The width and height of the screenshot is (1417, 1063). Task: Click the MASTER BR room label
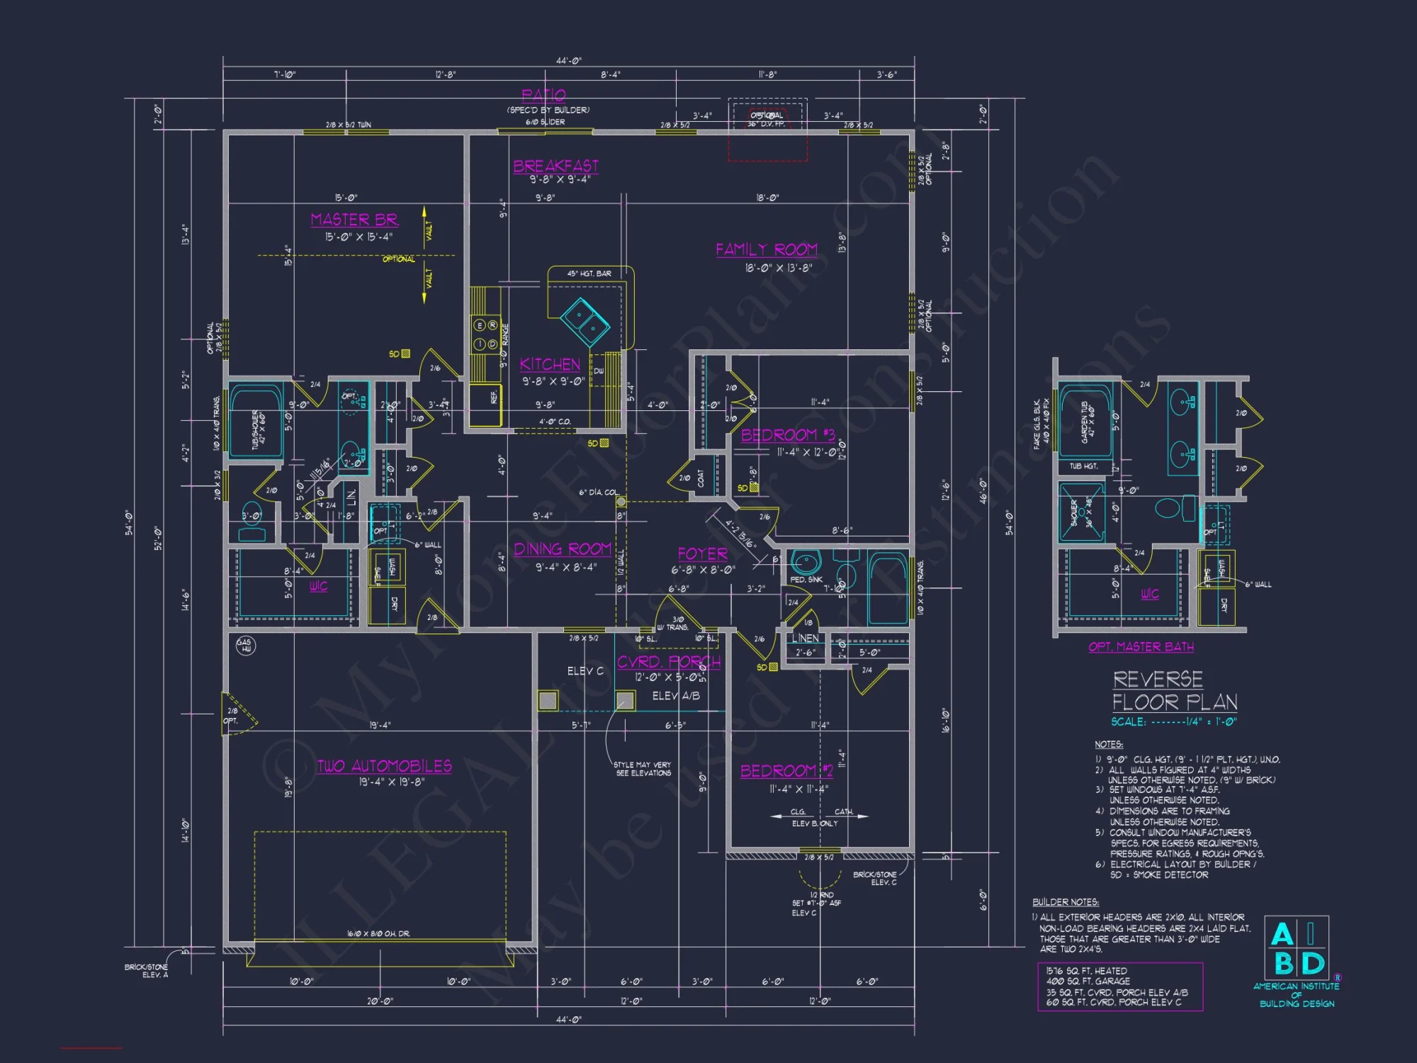(354, 220)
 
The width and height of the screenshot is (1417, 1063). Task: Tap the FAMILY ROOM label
(766, 249)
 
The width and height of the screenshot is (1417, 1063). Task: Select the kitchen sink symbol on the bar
(585, 321)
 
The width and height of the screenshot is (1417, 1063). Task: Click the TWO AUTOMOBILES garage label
(384, 766)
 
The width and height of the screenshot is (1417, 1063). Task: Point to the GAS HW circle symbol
(245, 645)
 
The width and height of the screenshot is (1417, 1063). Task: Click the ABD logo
(1297, 950)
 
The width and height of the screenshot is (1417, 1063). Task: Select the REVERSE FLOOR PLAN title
(1174, 691)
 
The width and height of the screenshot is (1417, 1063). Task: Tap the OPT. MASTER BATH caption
(1141, 647)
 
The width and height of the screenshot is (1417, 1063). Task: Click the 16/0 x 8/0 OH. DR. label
(378, 933)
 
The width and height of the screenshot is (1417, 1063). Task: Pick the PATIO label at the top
(543, 95)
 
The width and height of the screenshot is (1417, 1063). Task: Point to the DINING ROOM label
(563, 549)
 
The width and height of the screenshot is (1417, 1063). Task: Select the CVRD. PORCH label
(668, 662)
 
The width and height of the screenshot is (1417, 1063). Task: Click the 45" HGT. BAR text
(589, 274)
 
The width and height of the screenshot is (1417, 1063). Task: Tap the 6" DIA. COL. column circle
(621, 502)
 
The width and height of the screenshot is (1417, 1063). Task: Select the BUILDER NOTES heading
(1066, 902)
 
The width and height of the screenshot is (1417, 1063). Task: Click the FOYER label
(702, 554)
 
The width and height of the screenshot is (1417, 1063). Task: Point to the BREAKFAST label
(555, 166)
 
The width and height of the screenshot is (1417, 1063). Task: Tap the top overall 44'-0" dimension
(568, 61)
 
